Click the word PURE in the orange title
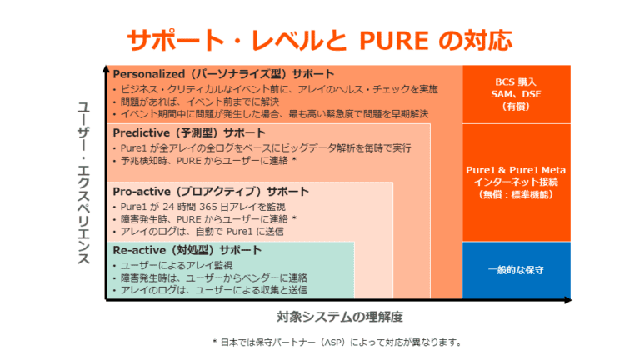(394, 40)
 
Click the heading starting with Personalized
(223, 74)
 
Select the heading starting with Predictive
(189, 133)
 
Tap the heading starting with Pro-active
(211, 192)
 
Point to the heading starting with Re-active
(187, 250)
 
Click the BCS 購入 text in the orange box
(516, 82)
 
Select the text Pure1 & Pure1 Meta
(516, 170)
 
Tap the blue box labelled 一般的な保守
(517, 270)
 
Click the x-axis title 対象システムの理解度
(340, 317)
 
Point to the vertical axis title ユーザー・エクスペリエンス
(83, 182)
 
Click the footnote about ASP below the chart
(337, 342)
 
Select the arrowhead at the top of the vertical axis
(106, 69)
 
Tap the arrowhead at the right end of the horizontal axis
(567, 300)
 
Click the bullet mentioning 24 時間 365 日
(199, 207)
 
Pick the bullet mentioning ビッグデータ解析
(262, 148)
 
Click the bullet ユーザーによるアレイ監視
(172, 266)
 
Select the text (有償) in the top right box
(516, 107)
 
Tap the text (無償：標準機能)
(516, 195)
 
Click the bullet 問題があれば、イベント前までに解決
(196, 102)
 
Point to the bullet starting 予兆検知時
(204, 161)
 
